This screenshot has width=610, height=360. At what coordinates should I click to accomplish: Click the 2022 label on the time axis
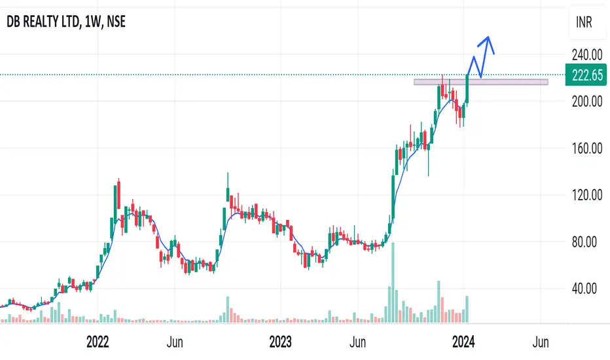pos(98,342)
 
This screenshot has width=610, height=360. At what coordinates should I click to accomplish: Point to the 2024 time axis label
pos(464,342)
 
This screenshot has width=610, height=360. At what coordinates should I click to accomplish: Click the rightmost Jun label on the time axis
pos(541,342)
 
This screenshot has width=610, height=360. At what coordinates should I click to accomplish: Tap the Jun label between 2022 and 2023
pos(174,342)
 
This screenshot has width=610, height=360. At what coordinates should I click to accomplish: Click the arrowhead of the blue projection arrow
pos(487,40)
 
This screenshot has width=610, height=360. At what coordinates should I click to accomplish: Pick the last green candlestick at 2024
pos(468,88)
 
